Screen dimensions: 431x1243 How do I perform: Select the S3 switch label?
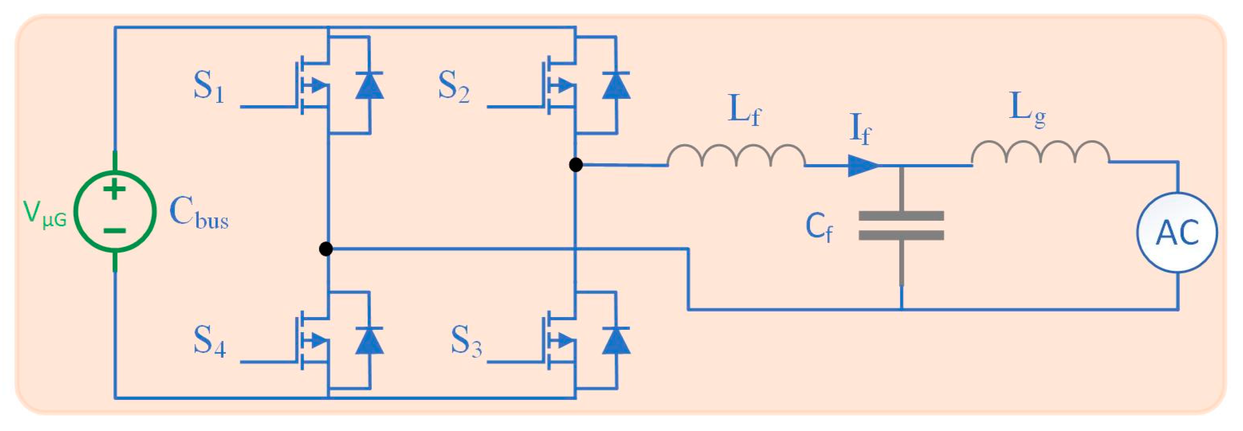466,341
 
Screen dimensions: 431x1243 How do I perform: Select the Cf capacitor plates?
901,225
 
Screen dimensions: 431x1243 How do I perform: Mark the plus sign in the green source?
114,189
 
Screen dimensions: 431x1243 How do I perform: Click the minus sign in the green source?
115,231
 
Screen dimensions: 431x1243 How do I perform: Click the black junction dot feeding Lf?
575,165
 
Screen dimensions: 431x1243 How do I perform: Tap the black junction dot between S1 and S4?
326,249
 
